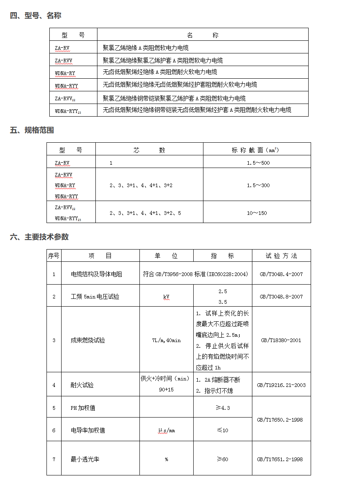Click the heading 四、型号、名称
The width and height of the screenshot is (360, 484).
(x=35, y=16)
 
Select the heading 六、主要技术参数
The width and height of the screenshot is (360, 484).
(x=39, y=237)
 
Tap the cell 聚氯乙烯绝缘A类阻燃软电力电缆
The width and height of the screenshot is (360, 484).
(x=146, y=48)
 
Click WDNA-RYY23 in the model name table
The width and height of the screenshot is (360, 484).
(x=68, y=111)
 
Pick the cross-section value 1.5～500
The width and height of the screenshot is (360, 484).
(x=258, y=163)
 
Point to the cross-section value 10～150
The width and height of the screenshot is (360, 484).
(x=257, y=213)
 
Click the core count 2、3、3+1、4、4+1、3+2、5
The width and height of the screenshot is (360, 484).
(x=145, y=213)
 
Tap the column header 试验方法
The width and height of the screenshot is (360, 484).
(x=281, y=256)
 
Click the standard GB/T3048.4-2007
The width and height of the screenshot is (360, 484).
(x=281, y=274)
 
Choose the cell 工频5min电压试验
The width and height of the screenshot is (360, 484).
(x=95, y=297)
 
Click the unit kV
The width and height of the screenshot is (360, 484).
(x=166, y=297)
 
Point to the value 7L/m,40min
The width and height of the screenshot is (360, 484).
(x=166, y=340)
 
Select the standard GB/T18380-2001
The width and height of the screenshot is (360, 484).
(x=281, y=340)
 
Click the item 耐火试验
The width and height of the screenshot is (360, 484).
(x=82, y=385)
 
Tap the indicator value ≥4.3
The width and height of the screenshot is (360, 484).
(x=223, y=408)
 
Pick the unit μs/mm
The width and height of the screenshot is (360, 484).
(x=166, y=430)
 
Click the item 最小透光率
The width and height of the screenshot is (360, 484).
(x=85, y=459)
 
